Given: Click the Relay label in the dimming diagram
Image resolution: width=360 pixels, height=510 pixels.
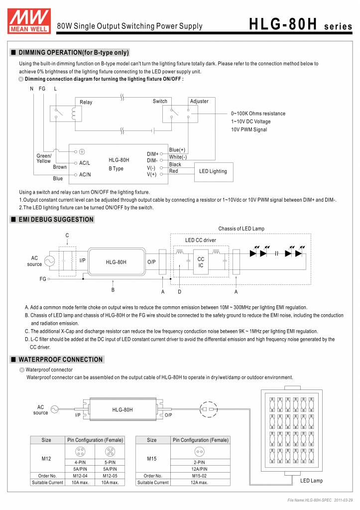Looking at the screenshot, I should pyautogui.click(x=86, y=102).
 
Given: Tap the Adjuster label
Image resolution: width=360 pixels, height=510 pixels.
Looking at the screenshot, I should pyautogui.click(x=199, y=101).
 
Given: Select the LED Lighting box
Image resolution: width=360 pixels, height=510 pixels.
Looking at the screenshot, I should pyautogui.click(x=213, y=171).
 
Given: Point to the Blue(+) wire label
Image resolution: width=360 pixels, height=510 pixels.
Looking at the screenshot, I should pyautogui.click(x=177, y=150).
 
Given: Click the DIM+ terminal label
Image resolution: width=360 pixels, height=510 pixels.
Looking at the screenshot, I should pyautogui.click(x=152, y=154).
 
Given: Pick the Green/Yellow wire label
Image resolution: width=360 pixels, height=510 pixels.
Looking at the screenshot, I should pyautogui.click(x=44, y=158).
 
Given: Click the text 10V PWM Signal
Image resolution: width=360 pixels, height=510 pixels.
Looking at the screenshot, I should pyautogui.click(x=248, y=129).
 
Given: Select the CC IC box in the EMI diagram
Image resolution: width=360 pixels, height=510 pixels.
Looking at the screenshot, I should pyautogui.click(x=201, y=262).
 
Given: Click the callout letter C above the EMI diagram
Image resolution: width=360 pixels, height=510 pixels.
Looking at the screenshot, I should pyautogui.click(x=67, y=235).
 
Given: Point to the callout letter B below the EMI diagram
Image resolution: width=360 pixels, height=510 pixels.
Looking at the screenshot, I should pyautogui.click(x=113, y=289).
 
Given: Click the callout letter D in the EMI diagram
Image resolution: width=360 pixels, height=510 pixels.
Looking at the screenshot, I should pyautogui.click(x=179, y=291).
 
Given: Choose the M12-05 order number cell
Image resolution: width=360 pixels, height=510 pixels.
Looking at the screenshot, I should pyautogui.click(x=110, y=476).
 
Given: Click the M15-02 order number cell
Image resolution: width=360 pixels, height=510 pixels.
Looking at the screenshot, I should pyautogui.click(x=199, y=476).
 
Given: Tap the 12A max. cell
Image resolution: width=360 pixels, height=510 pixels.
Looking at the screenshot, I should pyautogui.click(x=199, y=483).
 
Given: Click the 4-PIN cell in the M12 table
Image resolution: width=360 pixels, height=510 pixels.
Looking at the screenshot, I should pyautogui.click(x=81, y=462).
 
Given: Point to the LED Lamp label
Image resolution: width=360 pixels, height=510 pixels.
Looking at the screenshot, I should pyautogui.click(x=311, y=481).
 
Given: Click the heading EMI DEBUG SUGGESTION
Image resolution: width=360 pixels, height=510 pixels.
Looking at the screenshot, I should pyautogui.click(x=55, y=219).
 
